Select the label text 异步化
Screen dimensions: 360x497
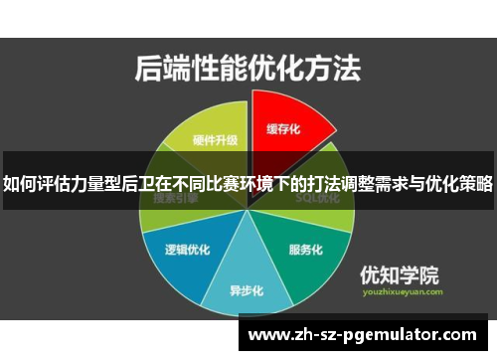tap(246, 291)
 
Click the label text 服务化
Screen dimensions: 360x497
tap(305, 249)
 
